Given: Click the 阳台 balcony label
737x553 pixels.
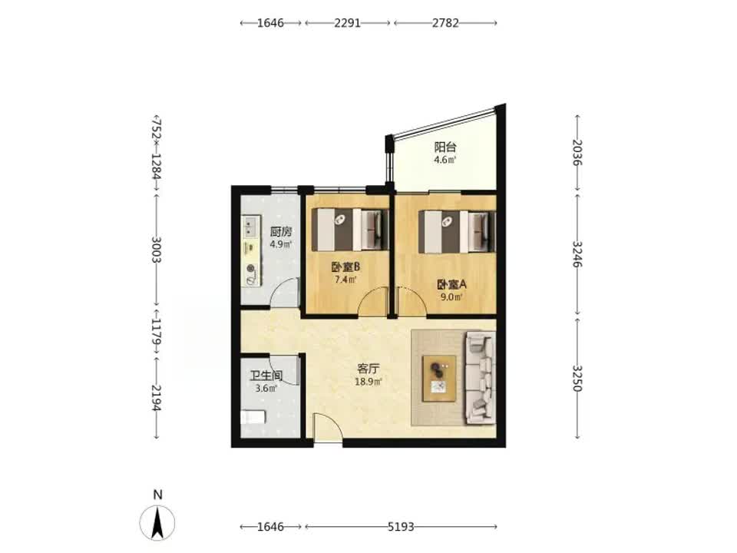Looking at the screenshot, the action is [445, 147].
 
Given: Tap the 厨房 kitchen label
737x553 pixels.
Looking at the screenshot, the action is [281, 232].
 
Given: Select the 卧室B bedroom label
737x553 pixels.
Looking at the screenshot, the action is [345, 267].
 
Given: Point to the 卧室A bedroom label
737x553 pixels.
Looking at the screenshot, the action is [451, 284].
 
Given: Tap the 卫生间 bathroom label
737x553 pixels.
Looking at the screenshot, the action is [266, 376].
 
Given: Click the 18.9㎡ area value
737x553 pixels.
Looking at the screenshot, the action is [368, 382].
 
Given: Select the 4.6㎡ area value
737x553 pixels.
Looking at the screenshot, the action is [445, 160].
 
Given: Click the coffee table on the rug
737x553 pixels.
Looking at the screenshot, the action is [439, 379].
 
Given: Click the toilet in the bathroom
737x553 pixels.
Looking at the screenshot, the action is [253, 417].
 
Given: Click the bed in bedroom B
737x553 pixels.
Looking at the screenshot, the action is [350, 230].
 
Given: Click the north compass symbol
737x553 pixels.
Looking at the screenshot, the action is [157, 522].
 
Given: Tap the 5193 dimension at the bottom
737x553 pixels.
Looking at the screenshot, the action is [401, 527].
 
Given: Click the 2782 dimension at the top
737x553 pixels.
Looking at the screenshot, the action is [445, 22].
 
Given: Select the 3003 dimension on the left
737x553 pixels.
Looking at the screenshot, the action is [157, 250].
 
